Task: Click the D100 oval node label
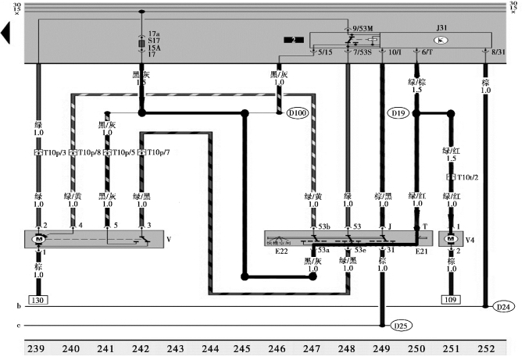[x=298, y=114]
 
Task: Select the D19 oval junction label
[x=398, y=113]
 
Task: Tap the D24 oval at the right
[x=505, y=307]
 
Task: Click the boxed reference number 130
[x=37, y=300]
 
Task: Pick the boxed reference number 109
[x=451, y=300]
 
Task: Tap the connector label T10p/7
[x=156, y=153]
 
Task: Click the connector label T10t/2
[x=466, y=177]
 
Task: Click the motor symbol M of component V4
[x=450, y=238]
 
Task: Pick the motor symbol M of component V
[x=37, y=238]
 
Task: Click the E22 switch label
[x=283, y=250]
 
